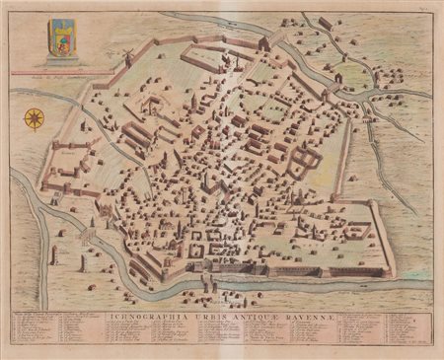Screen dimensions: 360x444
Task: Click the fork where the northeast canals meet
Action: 366,100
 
